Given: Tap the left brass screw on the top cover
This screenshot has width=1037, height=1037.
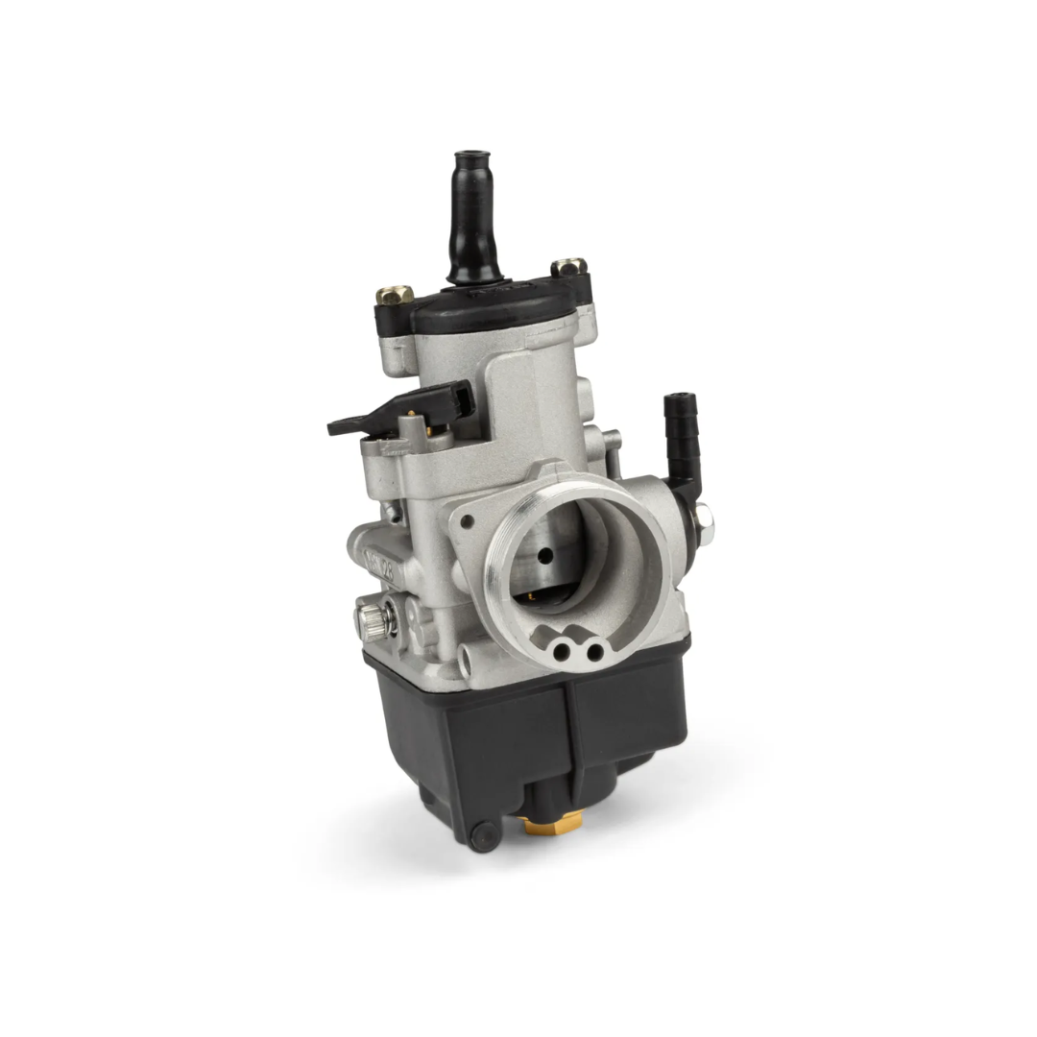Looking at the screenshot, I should click(395, 295).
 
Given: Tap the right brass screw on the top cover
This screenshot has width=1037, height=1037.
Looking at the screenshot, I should click(568, 266).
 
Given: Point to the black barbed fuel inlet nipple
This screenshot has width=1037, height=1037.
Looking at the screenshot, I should click(678, 423).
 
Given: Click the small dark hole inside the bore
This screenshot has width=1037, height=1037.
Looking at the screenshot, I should click(545, 556).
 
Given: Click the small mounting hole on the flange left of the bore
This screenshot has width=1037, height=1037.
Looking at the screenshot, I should click(467, 522).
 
